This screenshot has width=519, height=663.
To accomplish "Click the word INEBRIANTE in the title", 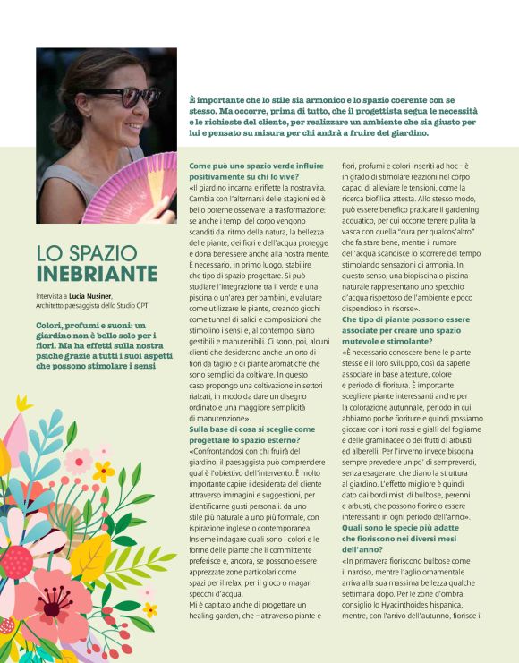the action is pyautogui.click(x=97, y=273).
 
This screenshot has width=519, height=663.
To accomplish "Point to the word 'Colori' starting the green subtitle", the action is pyautogui.click(x=50, y=323).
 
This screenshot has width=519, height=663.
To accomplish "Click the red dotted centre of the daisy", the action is pyautogui.click(x=17, y=562).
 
